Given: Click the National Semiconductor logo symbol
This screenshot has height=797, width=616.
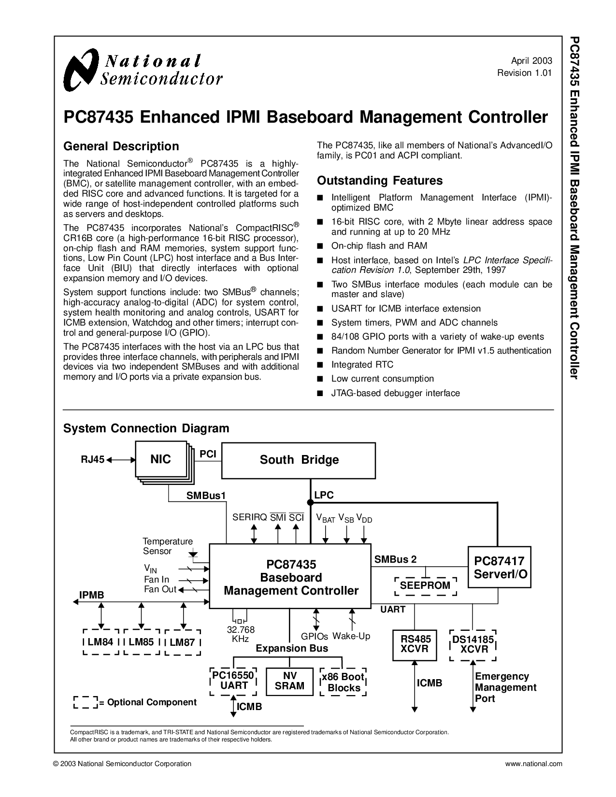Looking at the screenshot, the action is tap(81, 70).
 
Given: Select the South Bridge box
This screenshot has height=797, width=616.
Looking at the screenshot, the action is tap(298, 460).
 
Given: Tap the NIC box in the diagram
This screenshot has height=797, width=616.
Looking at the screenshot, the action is tap(161, 459).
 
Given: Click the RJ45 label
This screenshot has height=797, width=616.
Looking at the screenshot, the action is tap(92, 459).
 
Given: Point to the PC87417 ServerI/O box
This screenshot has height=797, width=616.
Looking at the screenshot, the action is tap(500, 567).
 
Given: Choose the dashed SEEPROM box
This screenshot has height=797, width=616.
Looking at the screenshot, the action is tap(425, 586).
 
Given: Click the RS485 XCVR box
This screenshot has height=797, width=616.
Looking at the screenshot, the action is tap(415, 645).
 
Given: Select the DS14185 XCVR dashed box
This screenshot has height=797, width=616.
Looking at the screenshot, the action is tap(473, 645).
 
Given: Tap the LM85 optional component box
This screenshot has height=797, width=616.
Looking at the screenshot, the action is tap(142, 642).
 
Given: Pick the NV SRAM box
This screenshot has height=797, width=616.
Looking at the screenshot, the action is tap(289, 682).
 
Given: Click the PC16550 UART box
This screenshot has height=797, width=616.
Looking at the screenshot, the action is tap(233, 682).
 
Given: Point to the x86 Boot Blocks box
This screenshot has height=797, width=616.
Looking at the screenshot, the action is tap(344, 682).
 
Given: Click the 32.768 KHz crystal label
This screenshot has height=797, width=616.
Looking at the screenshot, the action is tap(241, 634).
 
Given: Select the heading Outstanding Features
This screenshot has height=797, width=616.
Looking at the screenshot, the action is tap(380, 181).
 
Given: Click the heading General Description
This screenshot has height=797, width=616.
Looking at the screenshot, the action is tap(121, 146).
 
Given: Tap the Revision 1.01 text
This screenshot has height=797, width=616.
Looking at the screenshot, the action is tap(524, 73).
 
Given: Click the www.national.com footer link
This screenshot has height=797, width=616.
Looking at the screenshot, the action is tap(533, 764).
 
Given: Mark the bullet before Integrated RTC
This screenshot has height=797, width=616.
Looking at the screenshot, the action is tap(320, 365).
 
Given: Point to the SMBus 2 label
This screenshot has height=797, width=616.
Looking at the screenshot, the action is tap(396, 559).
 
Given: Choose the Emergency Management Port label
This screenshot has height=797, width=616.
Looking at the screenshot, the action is tap(505, 687).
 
